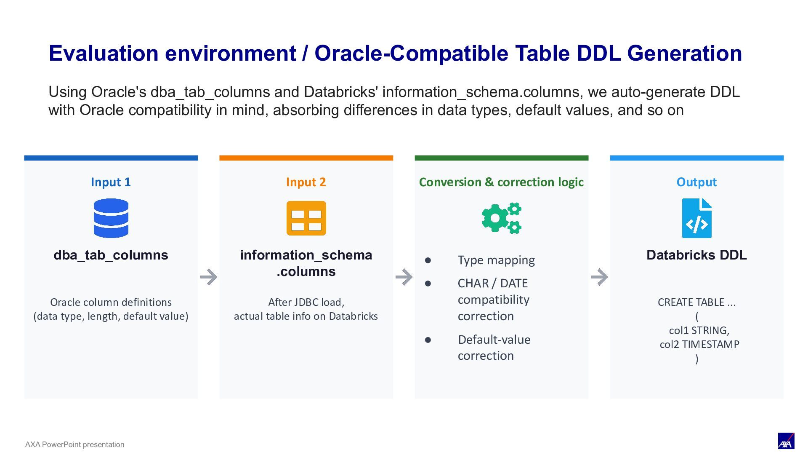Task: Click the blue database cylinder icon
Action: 111,218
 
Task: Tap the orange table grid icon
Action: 306,218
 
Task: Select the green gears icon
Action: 502,218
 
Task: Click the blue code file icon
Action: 697,218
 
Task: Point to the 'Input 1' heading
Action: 111,182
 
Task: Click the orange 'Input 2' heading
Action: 306,182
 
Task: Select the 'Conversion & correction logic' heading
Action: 501,182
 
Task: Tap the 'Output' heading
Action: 696,182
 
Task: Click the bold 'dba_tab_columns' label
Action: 111,255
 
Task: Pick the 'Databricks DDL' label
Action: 696,255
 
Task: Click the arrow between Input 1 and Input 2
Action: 209,277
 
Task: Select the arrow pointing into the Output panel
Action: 599,277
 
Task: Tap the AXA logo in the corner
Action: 786,441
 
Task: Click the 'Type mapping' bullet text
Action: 496,260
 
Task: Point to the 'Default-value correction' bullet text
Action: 494,348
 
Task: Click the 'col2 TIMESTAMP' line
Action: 699,344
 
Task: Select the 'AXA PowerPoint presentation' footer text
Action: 75,444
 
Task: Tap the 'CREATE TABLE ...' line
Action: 696,302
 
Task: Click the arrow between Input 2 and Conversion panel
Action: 404,277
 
